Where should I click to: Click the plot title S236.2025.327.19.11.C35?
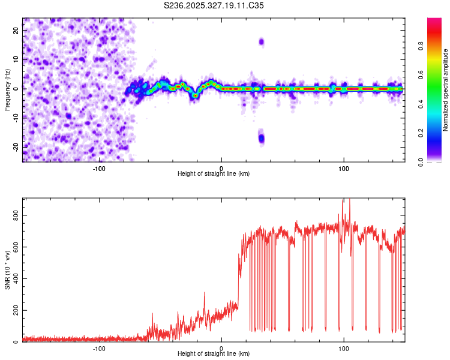pos(214,5)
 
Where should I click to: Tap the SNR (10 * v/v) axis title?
pos(7,270)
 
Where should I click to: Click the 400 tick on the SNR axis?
pos(16,278)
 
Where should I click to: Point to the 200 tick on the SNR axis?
pos(16,310)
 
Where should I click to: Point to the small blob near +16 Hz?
pos(261,41)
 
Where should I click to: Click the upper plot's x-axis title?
pos(214,173)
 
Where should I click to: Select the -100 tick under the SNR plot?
pos(100,349)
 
